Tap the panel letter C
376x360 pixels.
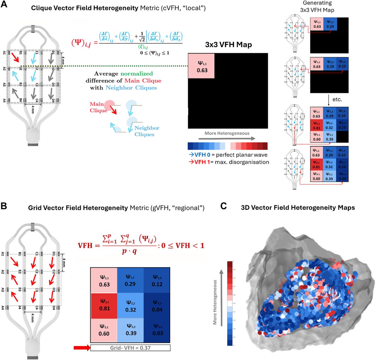click(223, 206)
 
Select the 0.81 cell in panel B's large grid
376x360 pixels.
click(104, 305)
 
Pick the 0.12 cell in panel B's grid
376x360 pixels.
click(157, 281)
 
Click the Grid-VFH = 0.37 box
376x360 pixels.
click(130, 348)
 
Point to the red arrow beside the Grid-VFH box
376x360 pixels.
click(81, 348)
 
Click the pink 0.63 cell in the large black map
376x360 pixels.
click(201, 66)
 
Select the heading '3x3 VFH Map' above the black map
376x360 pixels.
click(228, 44)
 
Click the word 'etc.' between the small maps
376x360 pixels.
click(337, 99)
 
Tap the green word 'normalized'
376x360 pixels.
click(137, 74)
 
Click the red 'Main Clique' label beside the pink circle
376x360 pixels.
click(98, 107)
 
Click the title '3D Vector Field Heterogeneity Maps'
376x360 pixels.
click(298, 207)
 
